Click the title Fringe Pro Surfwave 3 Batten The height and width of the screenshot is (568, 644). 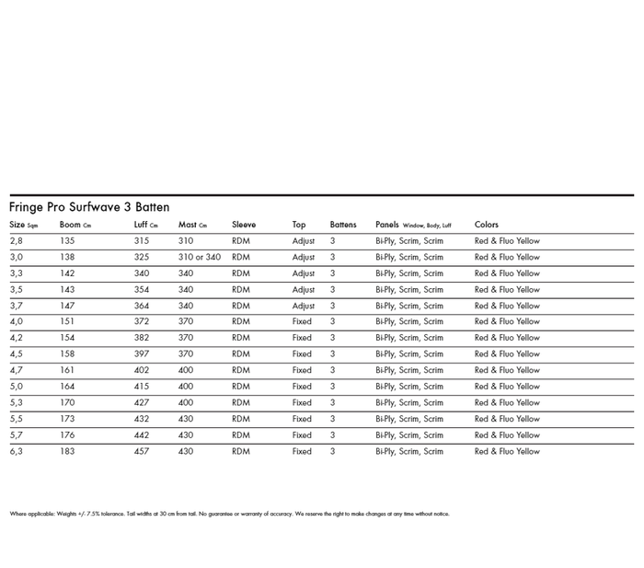89,207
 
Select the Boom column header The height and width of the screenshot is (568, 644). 75,225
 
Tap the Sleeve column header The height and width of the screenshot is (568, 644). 244,225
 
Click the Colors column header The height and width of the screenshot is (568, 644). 487,225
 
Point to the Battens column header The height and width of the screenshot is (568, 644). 343,225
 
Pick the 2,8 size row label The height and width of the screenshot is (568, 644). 17,241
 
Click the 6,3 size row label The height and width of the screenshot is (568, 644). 17,452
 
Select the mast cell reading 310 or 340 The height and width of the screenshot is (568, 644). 200,258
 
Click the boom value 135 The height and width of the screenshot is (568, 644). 67,241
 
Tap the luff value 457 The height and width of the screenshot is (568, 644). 142,452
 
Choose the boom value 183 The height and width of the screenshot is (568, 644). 67,452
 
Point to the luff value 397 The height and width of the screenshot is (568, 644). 142,354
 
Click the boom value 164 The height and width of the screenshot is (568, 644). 67,387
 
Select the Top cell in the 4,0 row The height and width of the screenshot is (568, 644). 302,322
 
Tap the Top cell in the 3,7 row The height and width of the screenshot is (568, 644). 304,306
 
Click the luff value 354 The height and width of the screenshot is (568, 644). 142,290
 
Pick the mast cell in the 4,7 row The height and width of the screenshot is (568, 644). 186,370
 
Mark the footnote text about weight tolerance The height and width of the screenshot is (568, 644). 229,514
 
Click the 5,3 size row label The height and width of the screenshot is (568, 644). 17,403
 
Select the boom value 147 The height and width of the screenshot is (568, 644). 67,306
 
